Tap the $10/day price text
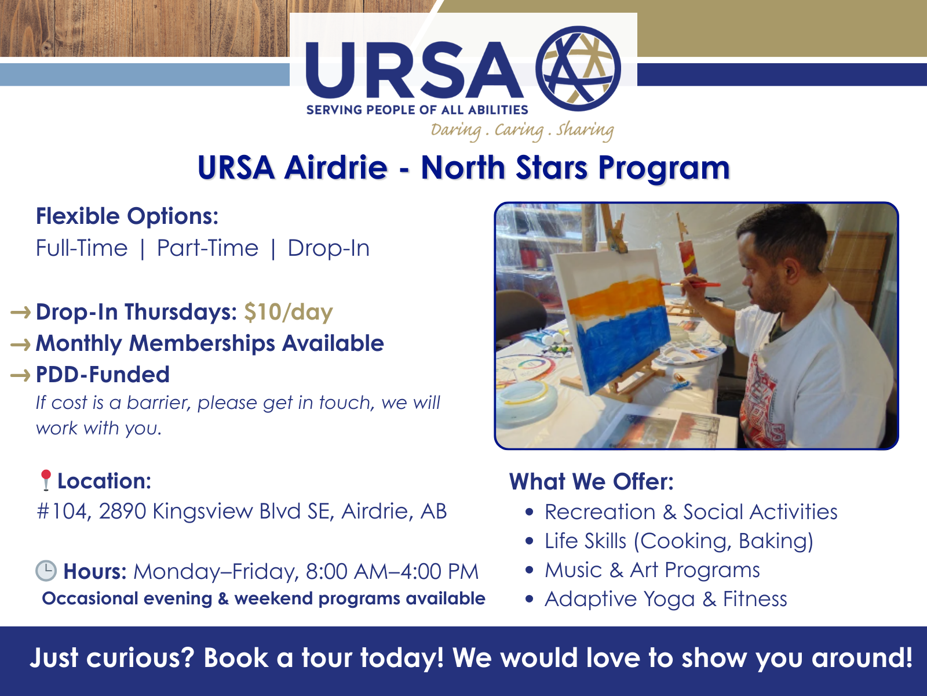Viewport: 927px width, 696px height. click(289, 312)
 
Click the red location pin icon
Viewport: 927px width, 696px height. click(46, 480)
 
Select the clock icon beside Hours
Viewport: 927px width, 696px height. click(46, 571)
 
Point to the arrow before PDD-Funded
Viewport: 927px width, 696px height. click(20, 375)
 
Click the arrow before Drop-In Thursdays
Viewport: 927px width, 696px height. click(20, 313)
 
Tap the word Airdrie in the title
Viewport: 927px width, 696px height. click(335, 168)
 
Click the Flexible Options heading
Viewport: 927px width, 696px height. click(127, 216)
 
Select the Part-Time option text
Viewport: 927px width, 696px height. click(207, 248)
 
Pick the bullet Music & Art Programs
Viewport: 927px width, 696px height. click(652, 570)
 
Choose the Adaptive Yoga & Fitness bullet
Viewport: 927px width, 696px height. click(666, 599)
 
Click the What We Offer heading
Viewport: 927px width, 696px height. click(592, 482)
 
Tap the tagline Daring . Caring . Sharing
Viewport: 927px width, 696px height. click(522, 130)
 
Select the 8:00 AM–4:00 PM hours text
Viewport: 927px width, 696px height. click(392, 571)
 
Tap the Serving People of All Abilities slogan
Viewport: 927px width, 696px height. click(417, 110)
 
